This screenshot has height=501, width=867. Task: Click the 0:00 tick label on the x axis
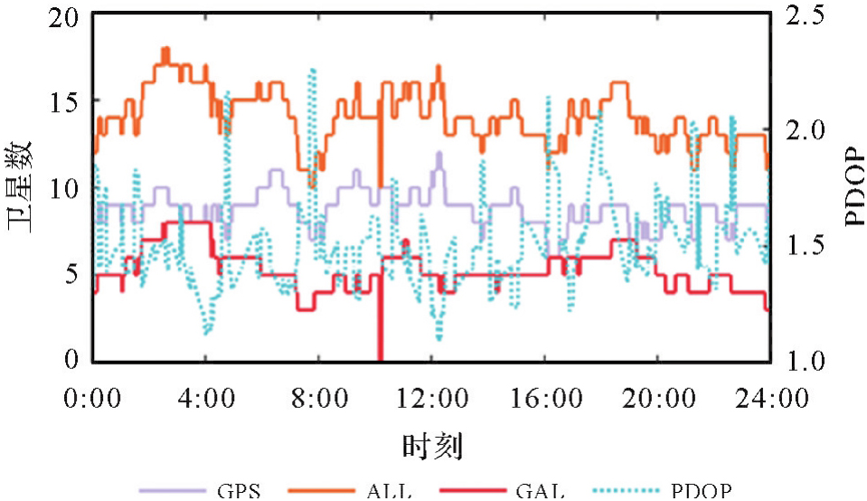click(93, 397)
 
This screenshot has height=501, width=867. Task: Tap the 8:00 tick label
click(318, 397)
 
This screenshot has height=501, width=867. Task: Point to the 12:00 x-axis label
click(431, 397)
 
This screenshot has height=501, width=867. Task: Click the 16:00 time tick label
click(544, 397)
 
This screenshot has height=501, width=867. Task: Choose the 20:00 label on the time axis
click(657, 397)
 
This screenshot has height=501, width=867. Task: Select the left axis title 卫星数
click(22, 188)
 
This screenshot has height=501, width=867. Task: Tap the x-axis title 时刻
click(431, 446)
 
